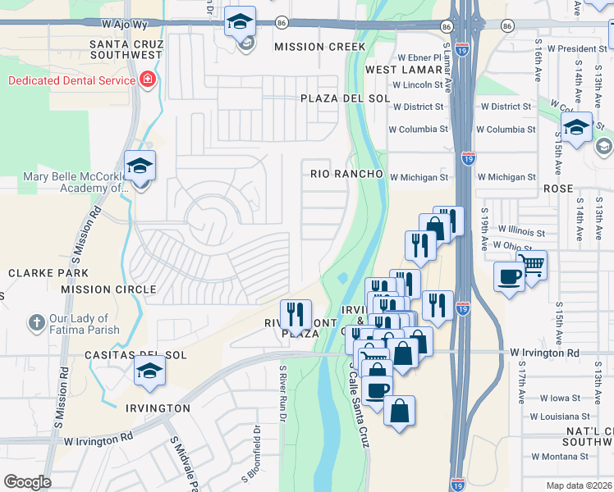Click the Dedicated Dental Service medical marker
pyautogui.click(x=148, y=80)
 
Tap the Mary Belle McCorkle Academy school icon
pyautogui.click(x=140, y=166)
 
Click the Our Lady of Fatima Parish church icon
pyautogui.click(x=36, y=323)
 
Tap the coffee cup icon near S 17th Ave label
pyautogui.click(x=509, y=276)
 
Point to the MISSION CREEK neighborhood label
pyautogui.click(x=319, y=47)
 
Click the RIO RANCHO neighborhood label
pyautogui.click(x=346, y=174)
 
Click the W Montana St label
pyautogui.click(x=565, y=456)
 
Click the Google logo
pyautogui.click(x=27, y=482)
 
